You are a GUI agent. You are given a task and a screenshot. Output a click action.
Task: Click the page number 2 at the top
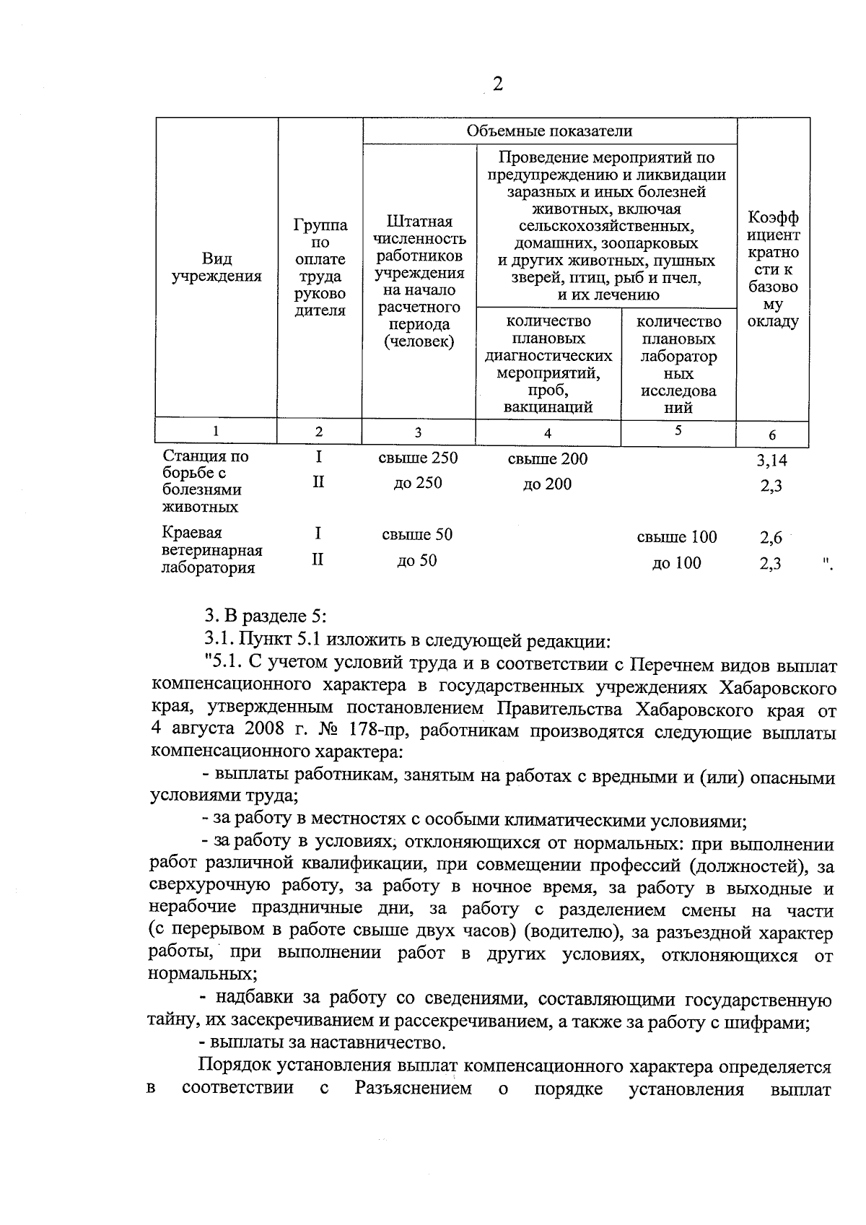click(x=497, y=84)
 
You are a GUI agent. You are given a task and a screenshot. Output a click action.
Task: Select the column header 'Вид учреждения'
click(x=216, y=268)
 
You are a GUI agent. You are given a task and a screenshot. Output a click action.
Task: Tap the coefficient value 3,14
click(x=771, y=460)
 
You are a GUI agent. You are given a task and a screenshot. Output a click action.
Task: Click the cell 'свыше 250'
click(x=418, y=458)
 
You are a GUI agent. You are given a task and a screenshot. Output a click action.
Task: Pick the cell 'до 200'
click(x=547, y=484)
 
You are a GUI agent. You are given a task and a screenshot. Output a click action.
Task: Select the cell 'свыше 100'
click(x=677, y=537)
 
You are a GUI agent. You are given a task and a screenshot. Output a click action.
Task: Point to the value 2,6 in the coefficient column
click(x=771, y=538)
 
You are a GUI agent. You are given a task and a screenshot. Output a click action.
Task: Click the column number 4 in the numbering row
click(x=548, y=433)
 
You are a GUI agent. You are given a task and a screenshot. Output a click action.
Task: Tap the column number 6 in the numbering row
click(x=772, y=435)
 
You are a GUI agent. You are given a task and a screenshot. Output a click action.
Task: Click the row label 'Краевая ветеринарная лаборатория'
click(x=211, y=550)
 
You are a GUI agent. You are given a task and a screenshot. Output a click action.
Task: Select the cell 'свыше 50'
click(x=417, y=535)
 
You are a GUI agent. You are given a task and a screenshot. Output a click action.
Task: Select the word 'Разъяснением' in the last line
click(x=413, y=1089)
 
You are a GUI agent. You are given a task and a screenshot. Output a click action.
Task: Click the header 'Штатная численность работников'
click(x=419, y=238)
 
